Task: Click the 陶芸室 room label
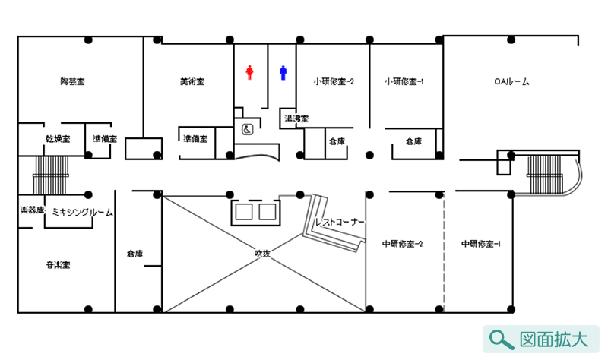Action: pos(72,81)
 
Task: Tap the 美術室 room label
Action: pos(192,81)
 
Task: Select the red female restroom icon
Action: pos(249,73)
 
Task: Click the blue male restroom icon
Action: pos(283,73)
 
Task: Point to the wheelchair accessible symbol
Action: pos(247,130)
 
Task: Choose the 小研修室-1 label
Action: pos(405,81)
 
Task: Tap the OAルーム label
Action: pos(511,81)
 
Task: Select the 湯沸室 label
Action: pos(296,118)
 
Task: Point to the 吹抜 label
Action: pos(262,254)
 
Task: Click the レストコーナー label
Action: pos(340,223)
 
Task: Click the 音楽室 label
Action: pos(58,265)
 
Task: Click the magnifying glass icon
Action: pos(500,339)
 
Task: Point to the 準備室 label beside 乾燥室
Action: pos(104,139)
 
